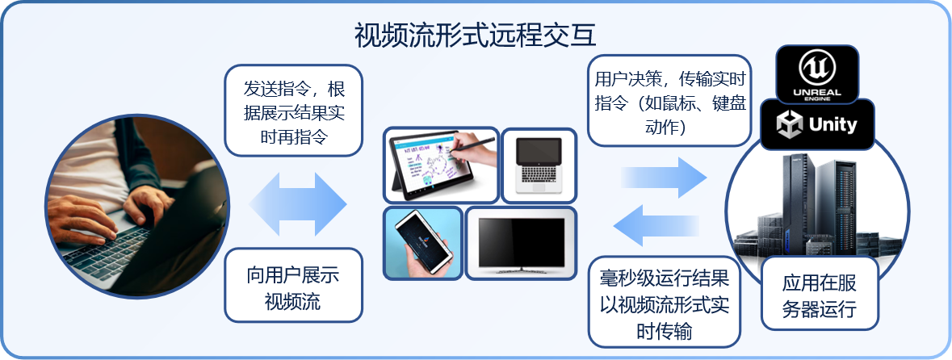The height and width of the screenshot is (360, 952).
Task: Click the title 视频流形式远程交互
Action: coord(475,36)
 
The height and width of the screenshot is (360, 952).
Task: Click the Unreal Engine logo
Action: coord(816,73)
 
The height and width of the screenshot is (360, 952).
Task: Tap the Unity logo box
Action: coord(817,124)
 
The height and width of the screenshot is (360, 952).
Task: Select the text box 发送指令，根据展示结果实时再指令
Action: coord(293,111)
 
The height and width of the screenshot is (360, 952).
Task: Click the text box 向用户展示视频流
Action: coord(293,285)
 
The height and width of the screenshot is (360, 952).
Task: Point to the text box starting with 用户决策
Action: coord(669,101)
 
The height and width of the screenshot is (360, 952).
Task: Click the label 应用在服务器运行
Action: coord(820,293)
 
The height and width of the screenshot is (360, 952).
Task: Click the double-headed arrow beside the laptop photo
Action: coord(297,204)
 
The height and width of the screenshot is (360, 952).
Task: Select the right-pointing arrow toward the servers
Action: coord(665,178)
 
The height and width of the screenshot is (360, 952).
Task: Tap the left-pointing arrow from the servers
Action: coord(656,225)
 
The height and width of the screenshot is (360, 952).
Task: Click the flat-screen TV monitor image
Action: coord(521,243)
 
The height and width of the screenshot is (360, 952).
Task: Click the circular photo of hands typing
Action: coord(137,207)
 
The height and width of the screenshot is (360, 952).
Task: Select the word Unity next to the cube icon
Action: coord(832,125)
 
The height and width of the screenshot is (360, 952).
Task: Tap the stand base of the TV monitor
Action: coord(521,269)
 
